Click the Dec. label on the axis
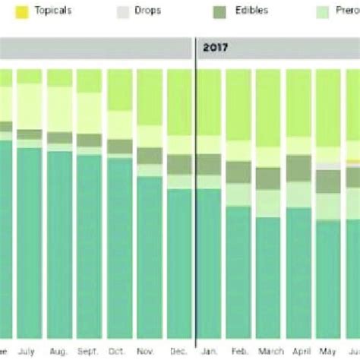pos(179,352)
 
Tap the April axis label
pos(298,352)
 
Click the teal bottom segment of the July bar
pos(30,243)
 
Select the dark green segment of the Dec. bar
pos(179,165)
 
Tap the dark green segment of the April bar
pos(298,168)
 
